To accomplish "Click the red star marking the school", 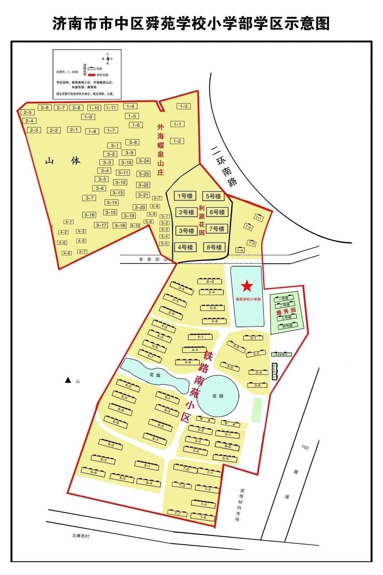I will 247,286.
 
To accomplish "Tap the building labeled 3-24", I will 144,161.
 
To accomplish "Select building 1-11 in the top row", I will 111,108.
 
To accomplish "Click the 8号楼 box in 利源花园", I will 214,247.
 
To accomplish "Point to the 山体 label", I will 63,161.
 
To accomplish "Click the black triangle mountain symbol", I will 68,380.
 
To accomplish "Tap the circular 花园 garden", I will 218,396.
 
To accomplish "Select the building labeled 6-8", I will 116,422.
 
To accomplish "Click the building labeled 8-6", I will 94,472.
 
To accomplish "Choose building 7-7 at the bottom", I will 178,513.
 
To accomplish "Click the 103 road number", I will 305,447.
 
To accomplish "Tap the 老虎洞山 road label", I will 153,259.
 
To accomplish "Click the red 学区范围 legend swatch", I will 92,75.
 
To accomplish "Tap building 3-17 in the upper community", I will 101,225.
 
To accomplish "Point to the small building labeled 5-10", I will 135,225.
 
